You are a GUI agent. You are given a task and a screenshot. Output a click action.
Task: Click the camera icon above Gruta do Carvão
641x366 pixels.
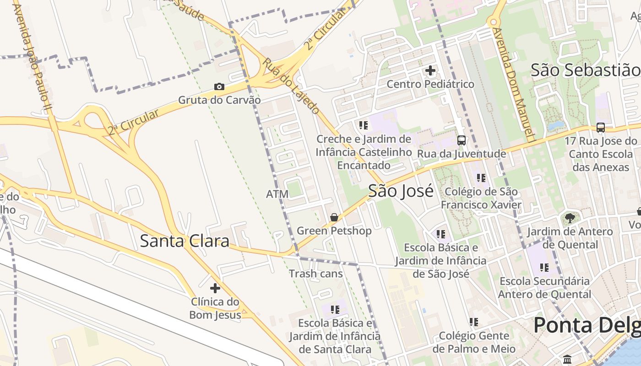tap(219, 87)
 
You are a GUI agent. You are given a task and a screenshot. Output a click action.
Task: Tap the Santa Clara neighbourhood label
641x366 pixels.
tap(185, 241)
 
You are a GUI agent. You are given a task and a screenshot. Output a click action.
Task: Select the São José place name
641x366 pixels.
tap(401, 191)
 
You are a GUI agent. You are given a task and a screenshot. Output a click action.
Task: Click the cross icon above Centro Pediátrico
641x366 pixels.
tap(430, 70)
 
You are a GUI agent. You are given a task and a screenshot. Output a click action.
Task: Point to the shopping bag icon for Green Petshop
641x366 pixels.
tap(334, 217)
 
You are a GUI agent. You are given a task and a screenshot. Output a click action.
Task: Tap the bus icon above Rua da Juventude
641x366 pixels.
tap(462, 140)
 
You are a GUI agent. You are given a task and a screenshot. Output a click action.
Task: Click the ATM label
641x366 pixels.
tap(277, 194)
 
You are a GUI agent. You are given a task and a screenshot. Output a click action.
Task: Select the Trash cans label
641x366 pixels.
tap(315, 274)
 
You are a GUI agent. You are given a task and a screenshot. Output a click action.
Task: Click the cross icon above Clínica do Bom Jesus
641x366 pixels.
tap(215, 288)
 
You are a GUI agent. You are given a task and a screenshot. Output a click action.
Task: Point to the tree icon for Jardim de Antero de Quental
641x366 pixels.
tap(570, 218)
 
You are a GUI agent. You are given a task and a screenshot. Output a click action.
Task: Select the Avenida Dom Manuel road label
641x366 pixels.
tap(514, 85)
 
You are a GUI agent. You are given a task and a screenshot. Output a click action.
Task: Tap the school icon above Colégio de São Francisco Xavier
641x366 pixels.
tap(481, 178)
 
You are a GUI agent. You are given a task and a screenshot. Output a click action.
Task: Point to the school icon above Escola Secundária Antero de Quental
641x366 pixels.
tap(544, 267)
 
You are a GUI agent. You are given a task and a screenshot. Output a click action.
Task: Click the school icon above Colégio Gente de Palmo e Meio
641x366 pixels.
tap(474, 322)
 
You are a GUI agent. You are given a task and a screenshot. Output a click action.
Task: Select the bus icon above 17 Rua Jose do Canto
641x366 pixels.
tap(601, 128)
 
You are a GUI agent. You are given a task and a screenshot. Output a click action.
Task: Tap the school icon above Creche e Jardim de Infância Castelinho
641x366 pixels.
tap(364, 125)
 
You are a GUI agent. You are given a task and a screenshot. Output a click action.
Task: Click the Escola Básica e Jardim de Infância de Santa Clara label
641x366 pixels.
tap(335, 336)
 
